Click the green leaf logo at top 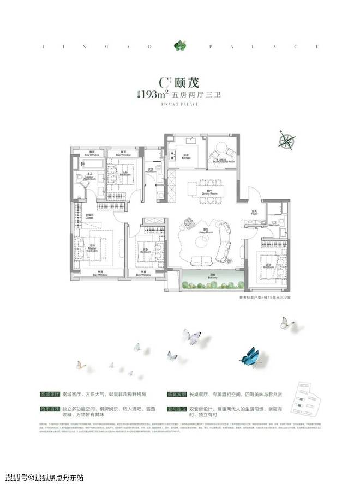click(179, 46)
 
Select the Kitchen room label click(185, 156)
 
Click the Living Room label click(204, 232)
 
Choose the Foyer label click(254, 213)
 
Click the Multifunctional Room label click(224, 160)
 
